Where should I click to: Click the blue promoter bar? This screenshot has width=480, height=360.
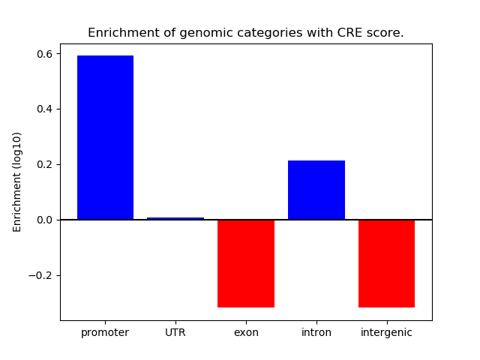(105, 137)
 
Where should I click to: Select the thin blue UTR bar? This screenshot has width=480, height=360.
(175, 218)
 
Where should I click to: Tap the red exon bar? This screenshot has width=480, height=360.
(246, 263)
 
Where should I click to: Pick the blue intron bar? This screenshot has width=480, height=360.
(316, 190)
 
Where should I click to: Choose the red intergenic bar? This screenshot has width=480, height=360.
(387, 263)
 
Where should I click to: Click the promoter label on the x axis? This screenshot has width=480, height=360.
(105, 333)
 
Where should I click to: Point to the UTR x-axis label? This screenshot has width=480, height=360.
(175, 333)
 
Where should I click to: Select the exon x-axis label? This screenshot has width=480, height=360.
(246, 333)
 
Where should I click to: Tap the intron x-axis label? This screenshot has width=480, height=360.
(316, 333)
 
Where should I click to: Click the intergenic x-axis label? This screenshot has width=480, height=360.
(387, 333)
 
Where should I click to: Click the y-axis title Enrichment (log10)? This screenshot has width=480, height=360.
(17, 181)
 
